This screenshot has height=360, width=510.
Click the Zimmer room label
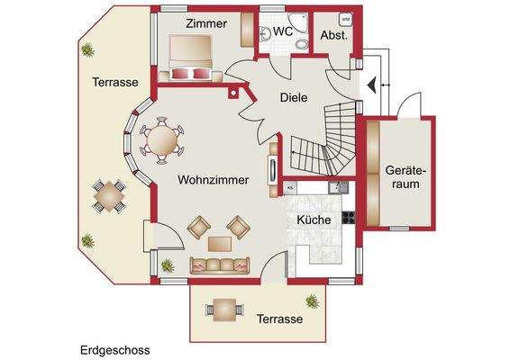[x=208, y=23]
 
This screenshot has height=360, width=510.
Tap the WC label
[x=284, y=31]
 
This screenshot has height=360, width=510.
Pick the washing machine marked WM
[x=345, y=18]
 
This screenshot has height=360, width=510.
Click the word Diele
[x=295, y=98]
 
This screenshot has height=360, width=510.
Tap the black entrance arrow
[x=370, y=85]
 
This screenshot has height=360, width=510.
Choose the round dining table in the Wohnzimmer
[x=162, y=139]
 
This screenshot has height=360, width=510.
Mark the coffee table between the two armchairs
[x=220, y=242]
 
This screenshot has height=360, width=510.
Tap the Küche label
[x=314, y=219]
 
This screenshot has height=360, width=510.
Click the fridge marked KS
[x=291, y=187]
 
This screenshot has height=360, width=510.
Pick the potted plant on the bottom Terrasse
[x=313, y=301]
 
